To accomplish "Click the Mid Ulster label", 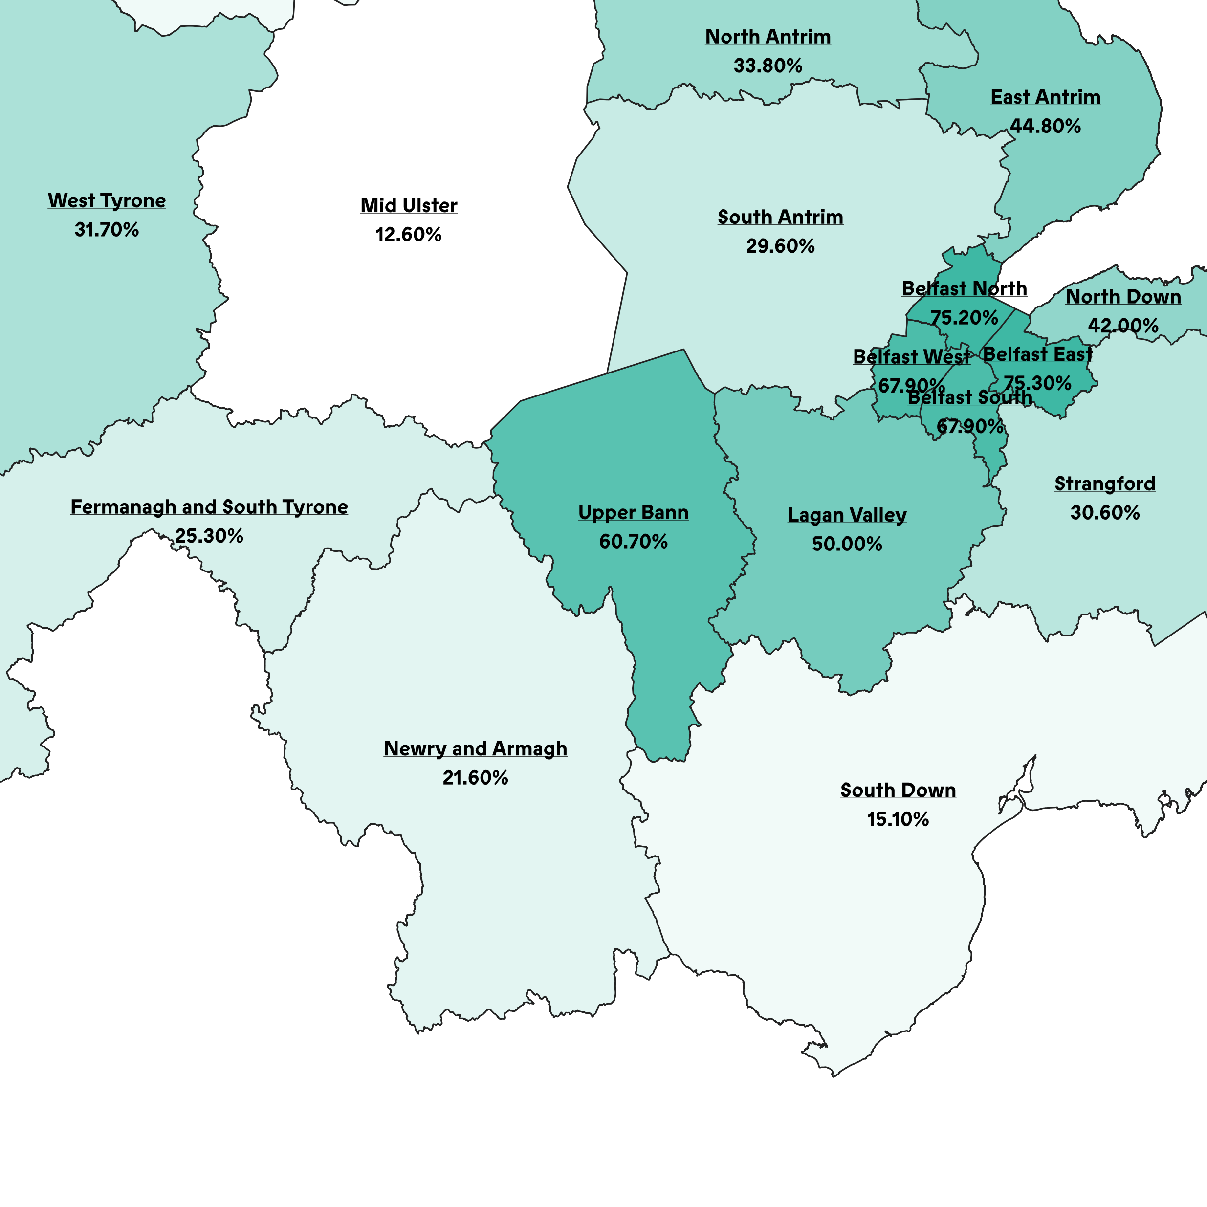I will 409,205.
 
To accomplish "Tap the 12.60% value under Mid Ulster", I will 409,235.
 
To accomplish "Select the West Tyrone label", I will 107,200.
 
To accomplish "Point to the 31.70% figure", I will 107,230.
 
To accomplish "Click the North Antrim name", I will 768,37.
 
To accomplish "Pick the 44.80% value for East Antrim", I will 1045,126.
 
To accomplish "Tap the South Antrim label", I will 780,218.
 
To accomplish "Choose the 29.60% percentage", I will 780,246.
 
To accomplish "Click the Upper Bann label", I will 634,512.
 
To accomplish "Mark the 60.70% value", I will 634,542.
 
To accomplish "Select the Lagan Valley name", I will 847,515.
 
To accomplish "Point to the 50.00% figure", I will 847,544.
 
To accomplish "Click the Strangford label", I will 1104,483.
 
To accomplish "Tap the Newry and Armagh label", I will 476,748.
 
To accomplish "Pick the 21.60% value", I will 476,778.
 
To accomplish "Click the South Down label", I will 898,790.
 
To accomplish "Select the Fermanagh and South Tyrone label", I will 209,506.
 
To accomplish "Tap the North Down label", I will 1122,297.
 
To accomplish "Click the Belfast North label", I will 964,288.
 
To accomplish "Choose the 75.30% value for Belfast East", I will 1037,383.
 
